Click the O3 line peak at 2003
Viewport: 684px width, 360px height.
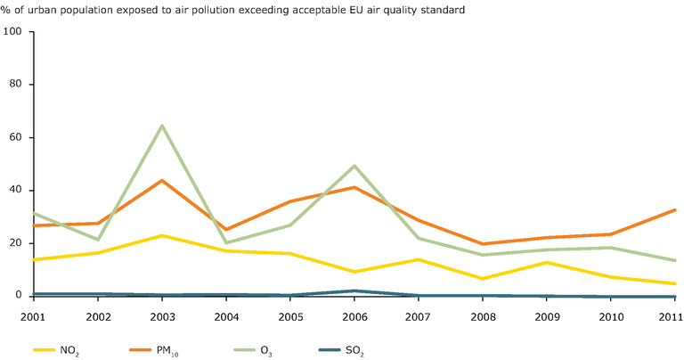click(x=161, y=126)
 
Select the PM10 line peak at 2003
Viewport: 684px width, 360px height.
click(x=161, y=180)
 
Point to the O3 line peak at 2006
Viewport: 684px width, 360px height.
click(x=354, y=166)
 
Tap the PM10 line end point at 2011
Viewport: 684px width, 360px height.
click(x=674, y=209)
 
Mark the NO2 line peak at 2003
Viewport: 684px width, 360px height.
click(x=161, y=235)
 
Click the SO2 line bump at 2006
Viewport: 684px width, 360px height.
click(x=354, y=290)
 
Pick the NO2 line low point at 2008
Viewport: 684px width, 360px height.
click(x=483, y=279)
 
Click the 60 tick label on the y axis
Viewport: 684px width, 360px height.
click(x=17, y=137)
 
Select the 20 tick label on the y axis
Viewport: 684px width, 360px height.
click(x=17, y=243)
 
